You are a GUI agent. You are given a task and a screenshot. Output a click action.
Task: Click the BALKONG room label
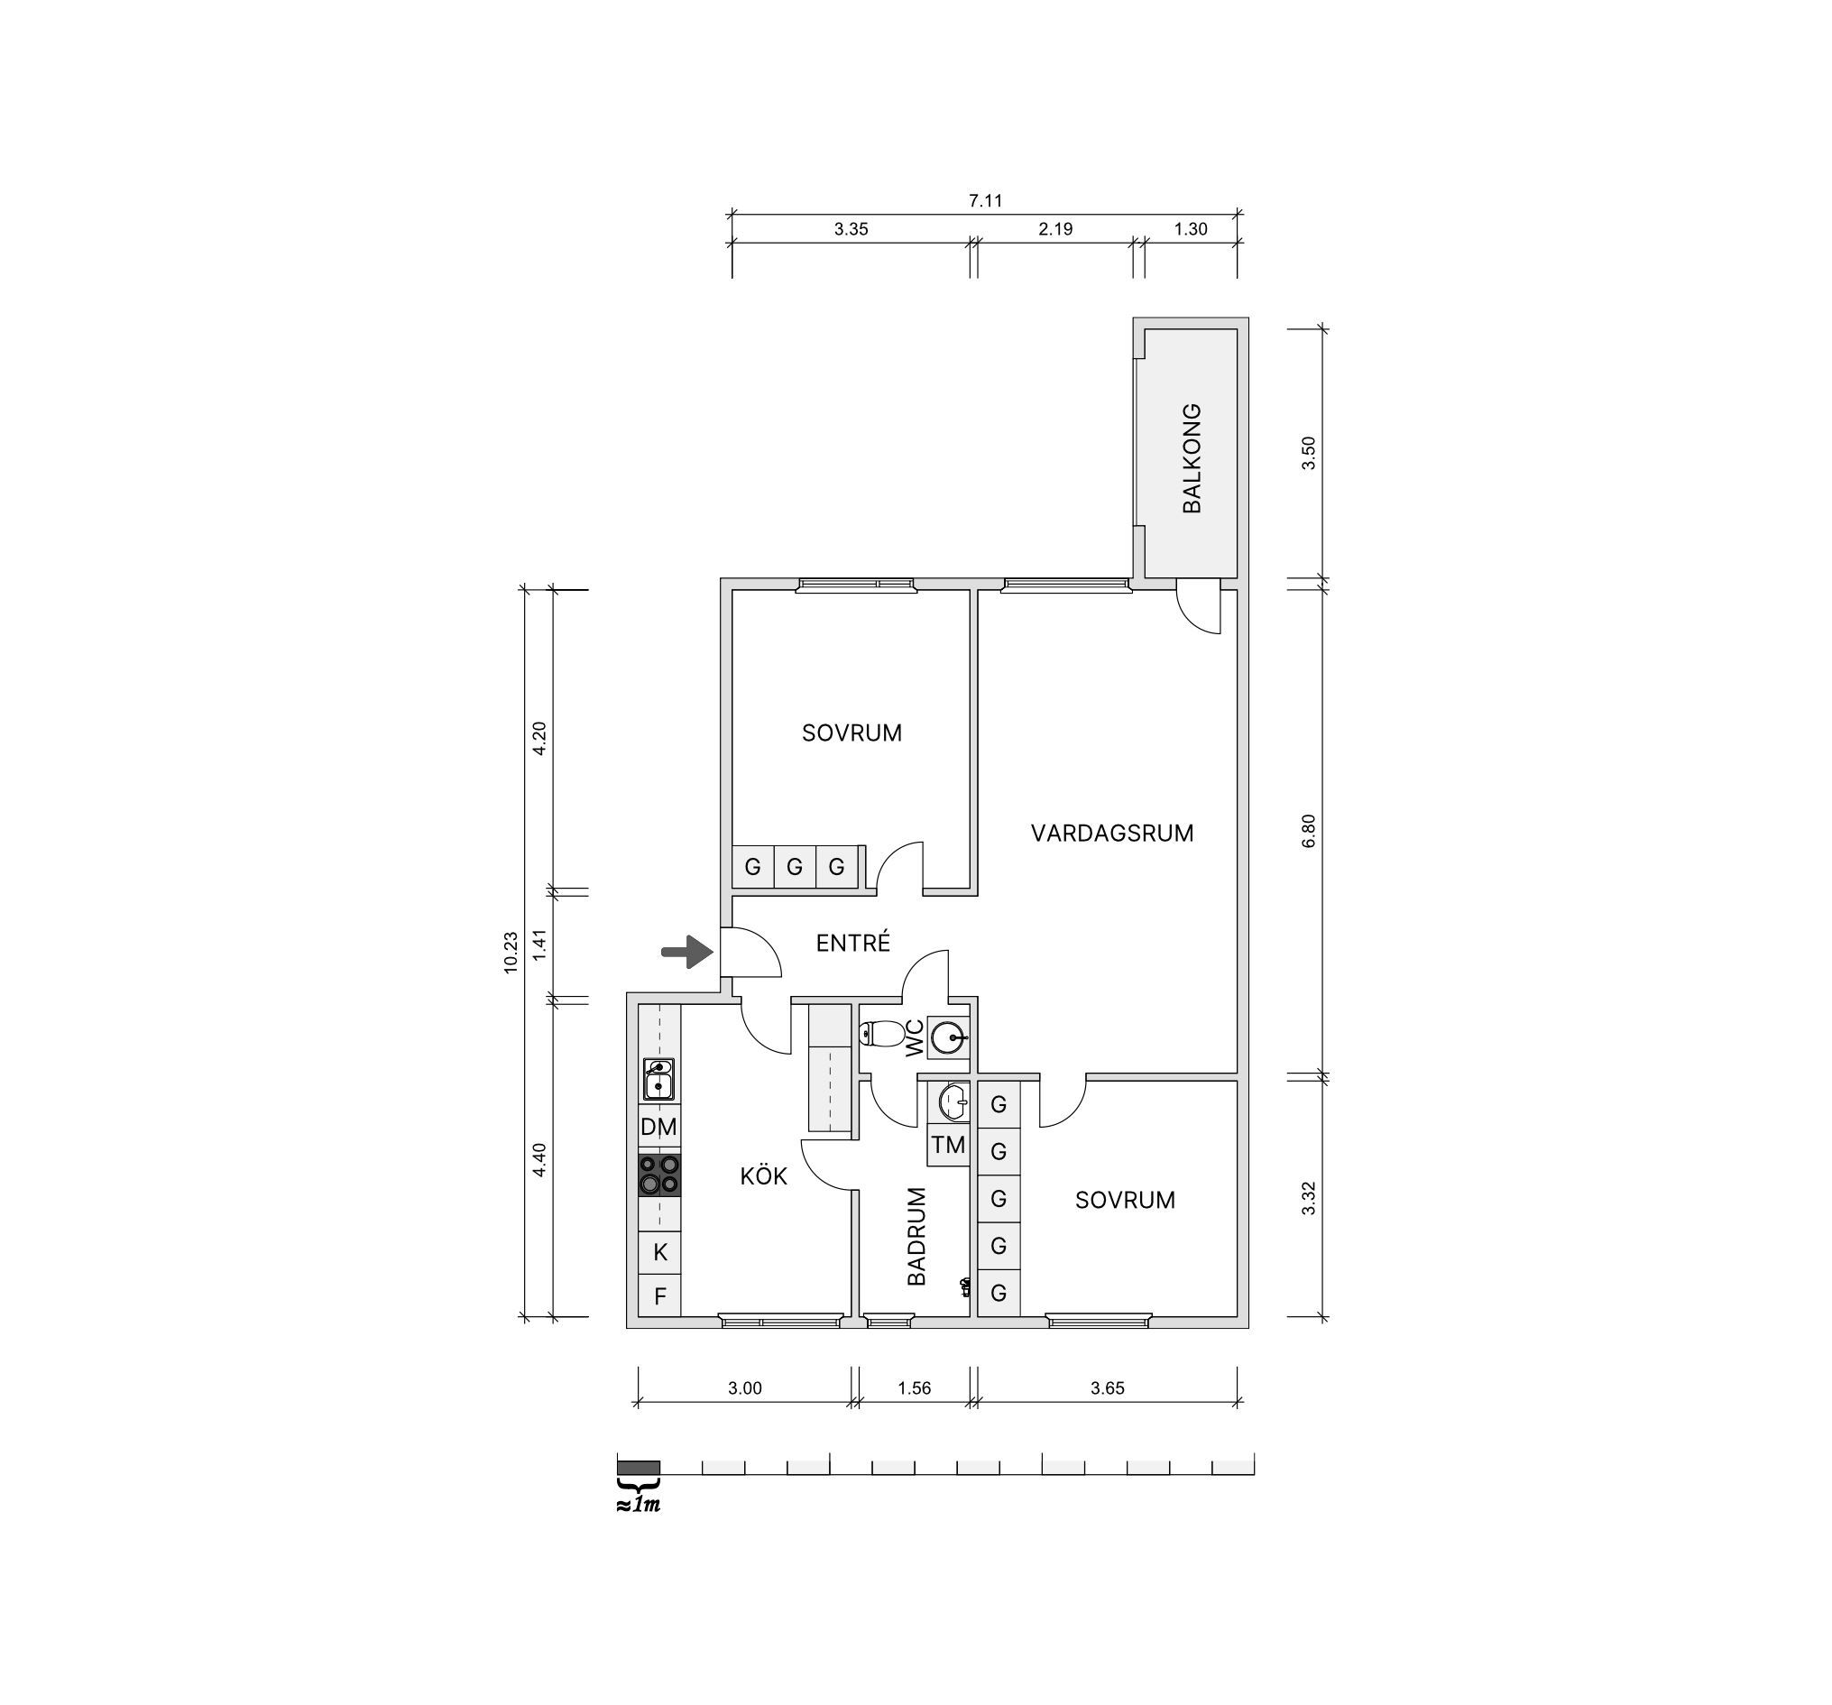(1192, 458)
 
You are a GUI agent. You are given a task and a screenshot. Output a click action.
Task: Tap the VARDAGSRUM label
(1112, 834)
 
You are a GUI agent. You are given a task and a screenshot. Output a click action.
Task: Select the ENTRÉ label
(853, 943)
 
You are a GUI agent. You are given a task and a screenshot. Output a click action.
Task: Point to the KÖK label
(764, 1176)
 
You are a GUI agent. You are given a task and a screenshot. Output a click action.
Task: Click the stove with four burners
(659, 1175)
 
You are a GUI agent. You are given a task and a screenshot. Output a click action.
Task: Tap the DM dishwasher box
(659, 1126)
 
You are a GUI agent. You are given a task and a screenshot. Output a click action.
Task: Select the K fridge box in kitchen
(659, 1252)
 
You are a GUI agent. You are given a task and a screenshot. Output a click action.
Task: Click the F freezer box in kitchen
(659, 1295)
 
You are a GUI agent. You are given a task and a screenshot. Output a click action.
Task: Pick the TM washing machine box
(948, 1146)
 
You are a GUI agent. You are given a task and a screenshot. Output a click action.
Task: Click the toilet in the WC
(882, 1033)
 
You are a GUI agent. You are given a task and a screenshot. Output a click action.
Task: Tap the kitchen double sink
(658, 1079)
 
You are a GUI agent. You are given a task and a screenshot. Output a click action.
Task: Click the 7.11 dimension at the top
(985, 201)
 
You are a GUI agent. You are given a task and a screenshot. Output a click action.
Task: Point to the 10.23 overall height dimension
(511, 953)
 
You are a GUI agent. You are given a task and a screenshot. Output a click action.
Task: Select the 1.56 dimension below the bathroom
(914, 1388)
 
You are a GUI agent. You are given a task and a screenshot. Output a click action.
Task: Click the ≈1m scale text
(638, 1505)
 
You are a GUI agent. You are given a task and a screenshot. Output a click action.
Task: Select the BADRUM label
(916, 1237)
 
